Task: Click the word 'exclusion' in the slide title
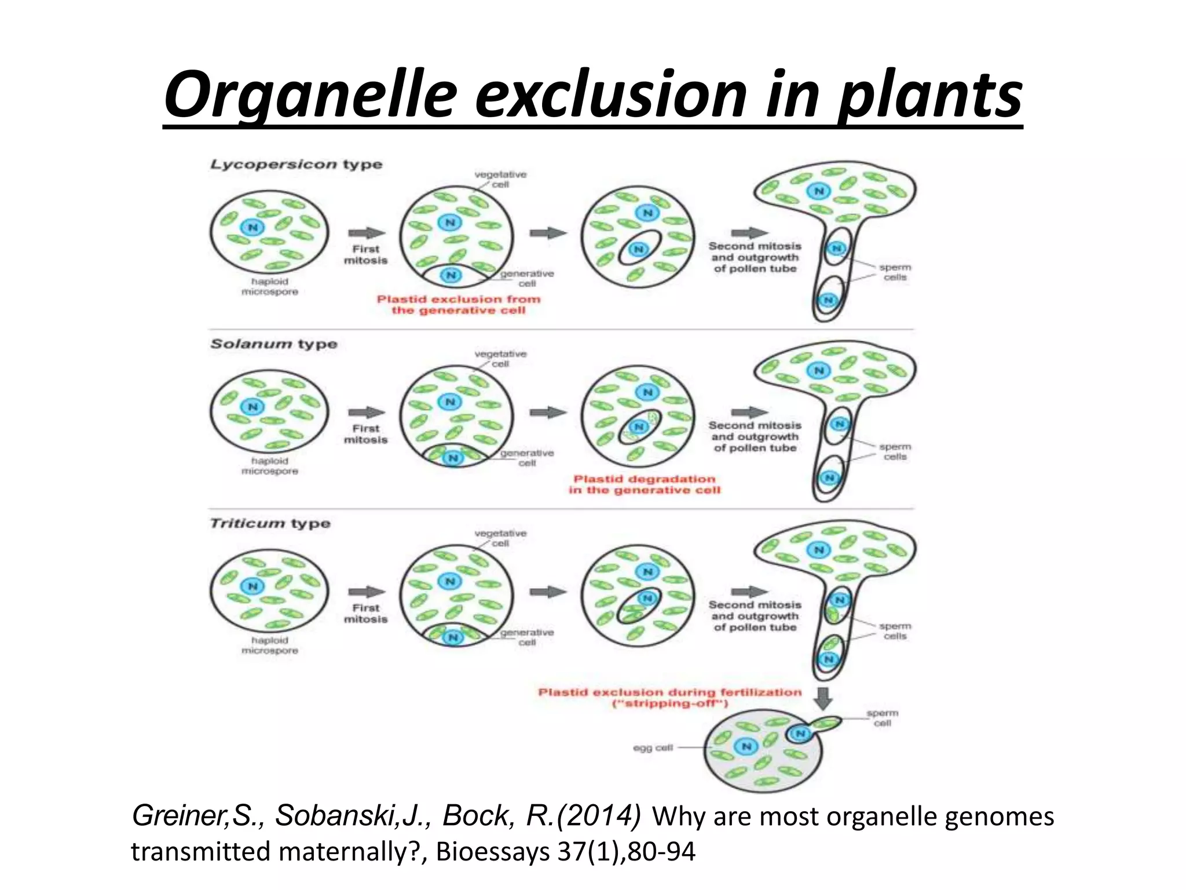tap(611, 94)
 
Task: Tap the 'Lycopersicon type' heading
tap(296, 164)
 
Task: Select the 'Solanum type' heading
tap(273, 344)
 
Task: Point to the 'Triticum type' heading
tap(270, 523)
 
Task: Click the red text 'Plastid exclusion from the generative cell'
tap(458, 305)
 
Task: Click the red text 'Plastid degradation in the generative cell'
tap(644, 484)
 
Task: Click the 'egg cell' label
tap(653, 747)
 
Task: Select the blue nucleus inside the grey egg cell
tap(746, 746)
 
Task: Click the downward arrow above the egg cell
tap(823, 698)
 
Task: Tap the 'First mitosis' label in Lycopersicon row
tap(365, 254)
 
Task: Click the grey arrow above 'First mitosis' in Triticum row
tap(366, 592)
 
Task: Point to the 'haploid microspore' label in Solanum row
tap(269, 466)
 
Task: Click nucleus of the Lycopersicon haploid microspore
tap(252, 227)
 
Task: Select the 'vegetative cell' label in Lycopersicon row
tap(500, 179)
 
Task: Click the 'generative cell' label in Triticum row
tap(527, 637)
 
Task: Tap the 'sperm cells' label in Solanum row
tap(895, 451)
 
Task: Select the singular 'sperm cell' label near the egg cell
tap(882, 718)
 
